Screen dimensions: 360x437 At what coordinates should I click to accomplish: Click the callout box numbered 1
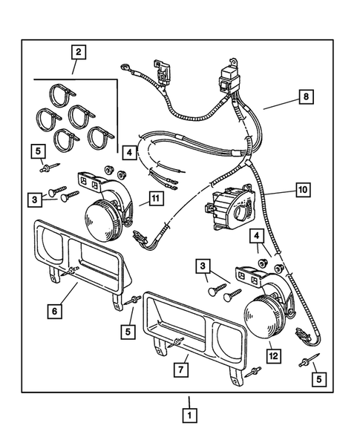click(189, 415)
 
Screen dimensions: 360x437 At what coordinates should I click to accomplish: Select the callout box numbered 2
click(79, 52)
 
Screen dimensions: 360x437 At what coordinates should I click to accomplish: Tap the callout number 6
click(55, 311)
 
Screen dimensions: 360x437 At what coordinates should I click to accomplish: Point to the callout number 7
click(181, 369)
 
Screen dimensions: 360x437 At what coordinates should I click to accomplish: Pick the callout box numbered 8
click(306, 96)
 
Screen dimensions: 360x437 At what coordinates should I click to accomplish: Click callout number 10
click(303, 190)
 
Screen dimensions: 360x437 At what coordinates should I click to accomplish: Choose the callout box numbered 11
click(156, 199)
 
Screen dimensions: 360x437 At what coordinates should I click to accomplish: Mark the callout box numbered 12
click(274, 356)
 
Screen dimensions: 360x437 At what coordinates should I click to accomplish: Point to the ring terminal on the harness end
click(124, 68)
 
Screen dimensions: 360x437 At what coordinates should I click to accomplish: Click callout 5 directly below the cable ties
click(38, 151)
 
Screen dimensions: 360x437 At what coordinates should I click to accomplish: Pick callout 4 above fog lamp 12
click(257, 237)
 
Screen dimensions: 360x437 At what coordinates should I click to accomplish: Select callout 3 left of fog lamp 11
click(35, 200)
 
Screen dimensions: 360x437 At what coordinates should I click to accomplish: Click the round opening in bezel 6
click(53, 240)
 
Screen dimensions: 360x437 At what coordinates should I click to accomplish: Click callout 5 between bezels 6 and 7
click(128, 332)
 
